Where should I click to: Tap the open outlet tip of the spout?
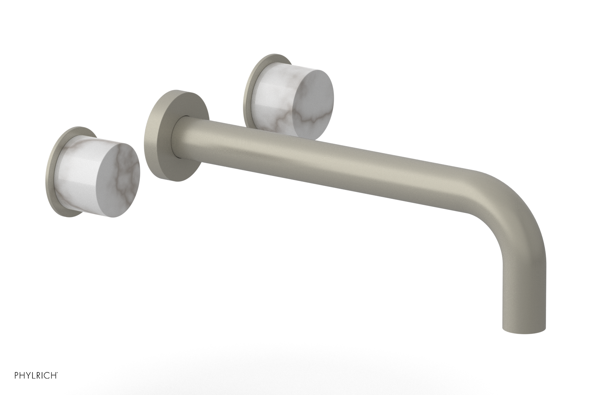(x=523, y=331)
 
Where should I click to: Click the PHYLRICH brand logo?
(x=36, y=375)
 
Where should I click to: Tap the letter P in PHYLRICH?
(x=17, y=375)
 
